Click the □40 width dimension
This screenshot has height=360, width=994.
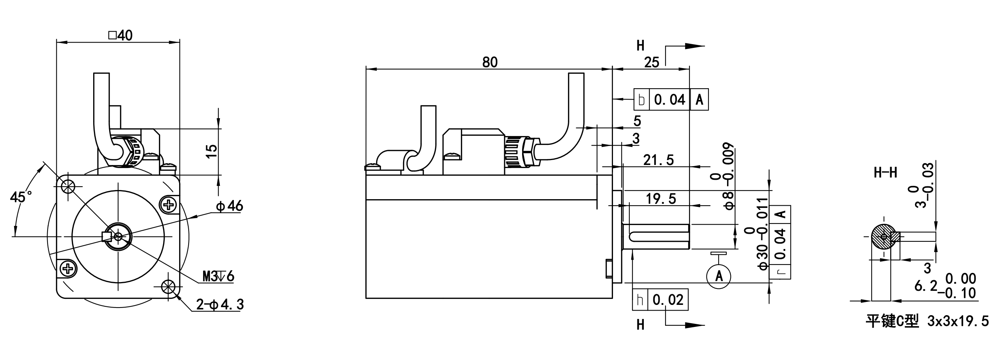pyautogui.click(x=121, y=35)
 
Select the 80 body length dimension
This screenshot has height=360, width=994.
pyautogui.click(x=490, y=62)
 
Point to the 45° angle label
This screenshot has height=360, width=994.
pyautogui.click(x=22, y=197)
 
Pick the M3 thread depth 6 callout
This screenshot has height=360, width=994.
pyautogui.click(x=218, y=276)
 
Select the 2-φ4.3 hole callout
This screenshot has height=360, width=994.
pyautogui.click(x=220, y=305)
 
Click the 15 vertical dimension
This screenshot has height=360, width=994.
pyautogui.click(x=211, y=151)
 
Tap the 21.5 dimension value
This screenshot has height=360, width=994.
pyautogui.click(x=658, y=160)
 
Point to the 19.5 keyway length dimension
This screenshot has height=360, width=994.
pyautogui.click(x=661, y=199)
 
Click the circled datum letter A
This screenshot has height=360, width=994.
pyautogui.click(x=718, y=276)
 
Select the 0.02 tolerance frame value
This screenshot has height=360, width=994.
pyautogui.click(x=668, y=300)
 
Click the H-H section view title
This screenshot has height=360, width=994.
pyautogui.click(x=885, y=173)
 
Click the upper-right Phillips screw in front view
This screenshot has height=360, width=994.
pyautogui.click(x=168, y=204)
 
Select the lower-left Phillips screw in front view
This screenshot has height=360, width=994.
pyautogui.click(x=68, y=268)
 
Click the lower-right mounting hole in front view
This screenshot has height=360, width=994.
pyautogui.click(x=168, y=286)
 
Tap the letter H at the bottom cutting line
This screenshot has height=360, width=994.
pyautogui.click(x=640, y=325)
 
